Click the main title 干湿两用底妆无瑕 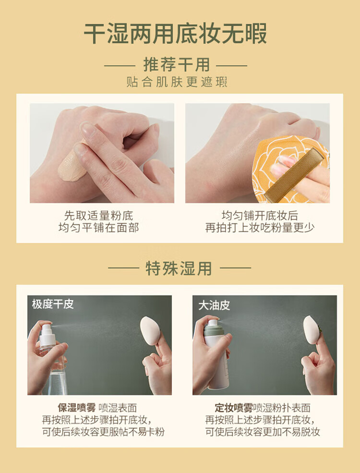175,33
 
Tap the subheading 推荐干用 176,65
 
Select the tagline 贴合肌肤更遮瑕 177,82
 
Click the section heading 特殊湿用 179,268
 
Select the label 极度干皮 53,304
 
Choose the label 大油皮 214,305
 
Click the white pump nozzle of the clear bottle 47,334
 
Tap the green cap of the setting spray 214,329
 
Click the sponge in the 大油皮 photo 312,329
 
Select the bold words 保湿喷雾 77,408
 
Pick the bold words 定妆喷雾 234,408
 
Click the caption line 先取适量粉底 98,216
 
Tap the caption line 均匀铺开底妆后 260,216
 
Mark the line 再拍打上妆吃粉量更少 260,228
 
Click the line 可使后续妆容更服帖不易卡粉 103,432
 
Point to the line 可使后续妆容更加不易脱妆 263,432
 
